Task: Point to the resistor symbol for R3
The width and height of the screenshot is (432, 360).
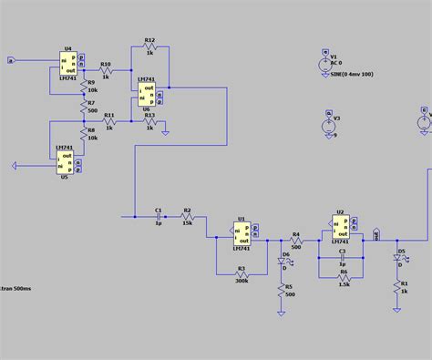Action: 241,272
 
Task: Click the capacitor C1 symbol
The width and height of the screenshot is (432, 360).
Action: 157,217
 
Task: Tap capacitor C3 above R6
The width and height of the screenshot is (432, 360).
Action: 342,257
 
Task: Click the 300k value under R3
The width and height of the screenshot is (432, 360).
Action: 241,281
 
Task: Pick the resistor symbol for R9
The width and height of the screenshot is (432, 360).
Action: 83,87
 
